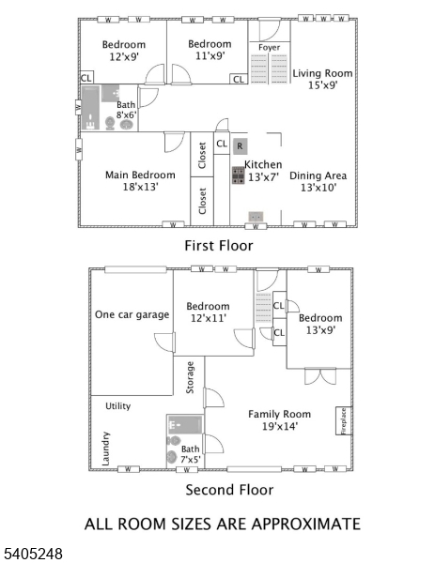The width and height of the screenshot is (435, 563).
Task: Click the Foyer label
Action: pyautogui.click(x=269, y=46)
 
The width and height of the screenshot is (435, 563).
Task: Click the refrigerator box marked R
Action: pyautogui.click(x=240, y=146)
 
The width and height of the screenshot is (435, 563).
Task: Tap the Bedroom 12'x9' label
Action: pyautogui.click(x=124, y=51)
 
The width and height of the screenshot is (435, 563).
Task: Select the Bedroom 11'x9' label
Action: pyautogui.click(x=209, y=51)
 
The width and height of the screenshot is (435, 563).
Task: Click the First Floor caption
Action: pyautogui.click(x=218, y=245)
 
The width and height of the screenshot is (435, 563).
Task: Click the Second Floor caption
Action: pyautogui.click(x=229, y=490)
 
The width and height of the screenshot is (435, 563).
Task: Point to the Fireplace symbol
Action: pyautogui.click(x=343, y=420)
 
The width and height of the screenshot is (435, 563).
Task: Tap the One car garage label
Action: pyautogui.click(x=132, y=314)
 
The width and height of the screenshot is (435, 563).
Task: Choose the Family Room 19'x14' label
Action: pyautogui.click(x=279, y=419)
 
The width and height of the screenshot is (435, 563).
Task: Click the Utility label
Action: pyautogui.click(x=117, y=405)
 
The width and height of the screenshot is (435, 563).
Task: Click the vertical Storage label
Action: pyautogui.click(x=190, y=376)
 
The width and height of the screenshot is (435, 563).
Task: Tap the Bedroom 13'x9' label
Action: pyautogui.click(x=319, y=324)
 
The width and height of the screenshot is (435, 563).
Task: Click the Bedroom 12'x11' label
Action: pyautogui.click(x=208, y=312)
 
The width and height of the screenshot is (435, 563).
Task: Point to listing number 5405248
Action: pyautogui.click(x=33, y=555)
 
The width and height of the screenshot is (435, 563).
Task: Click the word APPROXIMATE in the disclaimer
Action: pyautogui.click(x=303, y=524)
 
